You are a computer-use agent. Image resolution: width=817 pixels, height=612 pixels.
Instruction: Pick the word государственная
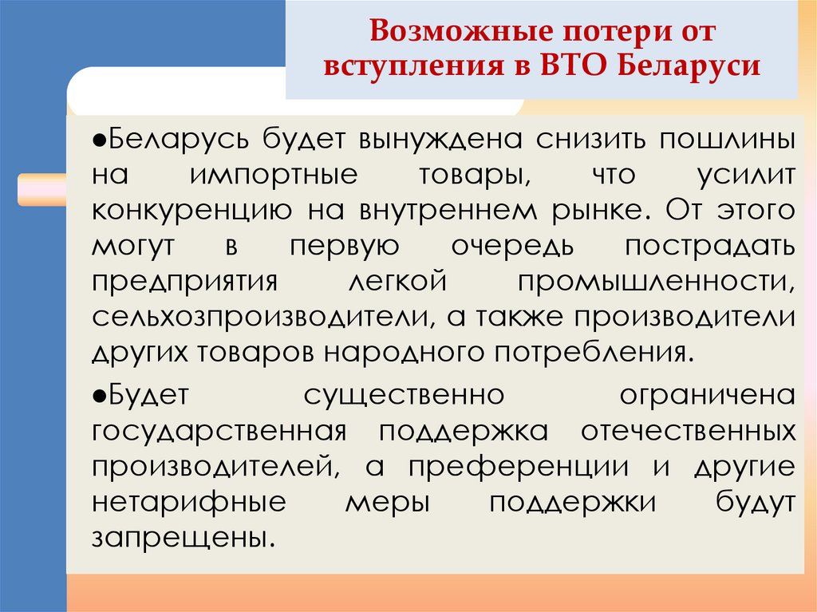[218, 430]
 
